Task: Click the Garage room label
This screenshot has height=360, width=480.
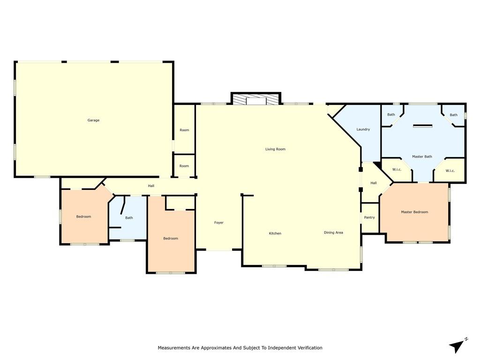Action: pyautogui.click(x=93, y=120)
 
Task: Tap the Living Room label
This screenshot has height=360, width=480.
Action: pyautogui.click(x=275, y=149)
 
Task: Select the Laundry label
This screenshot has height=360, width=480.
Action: pyautogui.click(x=363, y=129)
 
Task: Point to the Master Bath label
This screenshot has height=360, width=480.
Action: pyautogui.click(x=422, y=157)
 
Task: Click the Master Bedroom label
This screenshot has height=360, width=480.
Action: pyautogui.click(x=414, y=212)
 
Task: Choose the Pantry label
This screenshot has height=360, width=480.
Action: pyautogui.click(x=369, y=217)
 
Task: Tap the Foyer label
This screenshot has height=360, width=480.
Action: pyautogui.click(x=219, y=223)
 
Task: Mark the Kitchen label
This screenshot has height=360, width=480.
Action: pyautogui.click(x=275, y=233)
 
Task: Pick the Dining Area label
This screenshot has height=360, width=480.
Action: pyautogui.click(x=333, y=232)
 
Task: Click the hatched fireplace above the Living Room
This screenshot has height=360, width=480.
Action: pyautogui.click(x=256, y=100)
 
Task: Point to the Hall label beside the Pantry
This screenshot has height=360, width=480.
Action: pyautogui.click(x=374, y=183)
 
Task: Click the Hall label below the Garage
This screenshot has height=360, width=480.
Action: pyautogui.click(x=151, y=186)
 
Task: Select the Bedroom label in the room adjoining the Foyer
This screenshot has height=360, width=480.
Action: pyautogui.click(x=171, y=239)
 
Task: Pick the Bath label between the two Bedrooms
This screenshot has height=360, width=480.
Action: pyautogui.click(x=129, y=217)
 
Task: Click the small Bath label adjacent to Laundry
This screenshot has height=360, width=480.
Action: pyautogui.click(x=391, y=115)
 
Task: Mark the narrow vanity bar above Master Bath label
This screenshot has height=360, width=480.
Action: pyautogui.click(x=422, y=125)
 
